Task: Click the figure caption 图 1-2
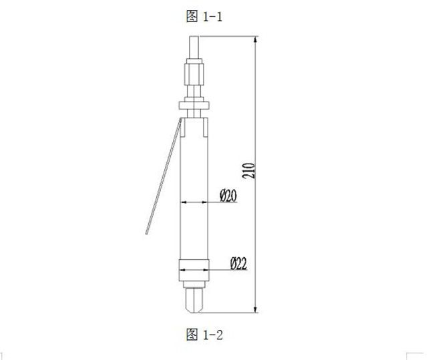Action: [x=204, y=333]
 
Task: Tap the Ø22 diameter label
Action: [x=238, y=263]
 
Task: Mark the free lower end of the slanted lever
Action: [x=149, y=232]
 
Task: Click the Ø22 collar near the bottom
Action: [x=194, y=270]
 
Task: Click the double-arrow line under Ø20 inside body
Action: [x=197, y=202]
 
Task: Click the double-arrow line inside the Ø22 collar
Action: [x=194, y=270]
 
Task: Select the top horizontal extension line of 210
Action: [x=227, y=37]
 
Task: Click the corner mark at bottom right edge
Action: [x=418, y=354]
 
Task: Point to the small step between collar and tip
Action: [x=194, y=284]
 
